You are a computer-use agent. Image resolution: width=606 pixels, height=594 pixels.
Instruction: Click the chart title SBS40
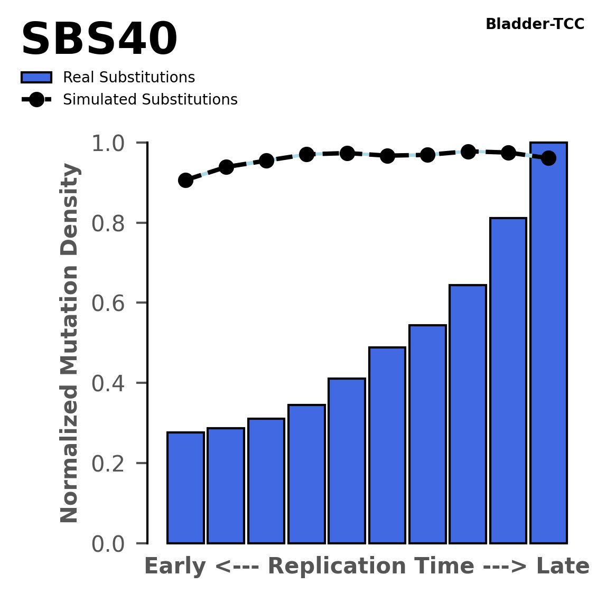[99, 40]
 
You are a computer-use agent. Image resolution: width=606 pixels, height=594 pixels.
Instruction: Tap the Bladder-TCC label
[535, 24]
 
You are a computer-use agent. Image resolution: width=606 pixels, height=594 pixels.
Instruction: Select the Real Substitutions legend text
[129, 78]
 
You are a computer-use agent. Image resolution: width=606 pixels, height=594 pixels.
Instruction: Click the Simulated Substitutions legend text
[150, 100]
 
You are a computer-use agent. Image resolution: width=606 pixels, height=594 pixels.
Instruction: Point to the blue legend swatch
[36, 78]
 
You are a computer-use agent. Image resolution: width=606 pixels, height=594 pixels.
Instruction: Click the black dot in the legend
[36, 100]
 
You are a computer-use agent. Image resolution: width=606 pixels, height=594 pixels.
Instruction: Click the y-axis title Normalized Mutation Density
[70, 343]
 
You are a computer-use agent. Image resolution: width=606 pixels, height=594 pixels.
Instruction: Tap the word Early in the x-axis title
[175, 567]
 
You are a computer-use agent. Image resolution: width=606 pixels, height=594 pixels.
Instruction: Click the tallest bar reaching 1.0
[548, 343]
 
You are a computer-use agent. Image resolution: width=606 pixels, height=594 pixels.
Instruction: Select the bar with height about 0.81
[508, 380]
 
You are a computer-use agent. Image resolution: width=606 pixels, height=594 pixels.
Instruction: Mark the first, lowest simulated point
[185, 180]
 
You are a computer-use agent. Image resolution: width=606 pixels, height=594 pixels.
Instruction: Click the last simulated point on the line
[548, 158]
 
